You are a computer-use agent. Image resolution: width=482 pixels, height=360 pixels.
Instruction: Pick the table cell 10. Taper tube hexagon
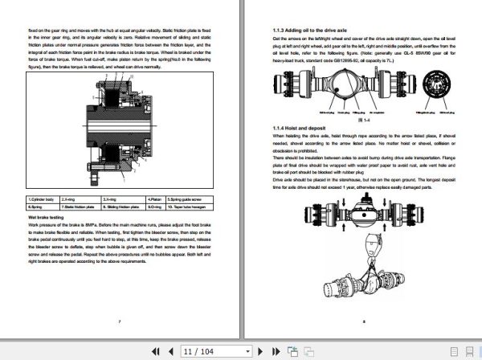pos(204,206)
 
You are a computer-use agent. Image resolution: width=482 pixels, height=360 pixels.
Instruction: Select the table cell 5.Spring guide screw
pos(204,198)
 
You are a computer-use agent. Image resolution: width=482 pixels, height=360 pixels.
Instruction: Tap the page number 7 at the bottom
pos(119,321)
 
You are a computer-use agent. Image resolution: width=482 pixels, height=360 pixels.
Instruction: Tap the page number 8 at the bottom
pos(363,321)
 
